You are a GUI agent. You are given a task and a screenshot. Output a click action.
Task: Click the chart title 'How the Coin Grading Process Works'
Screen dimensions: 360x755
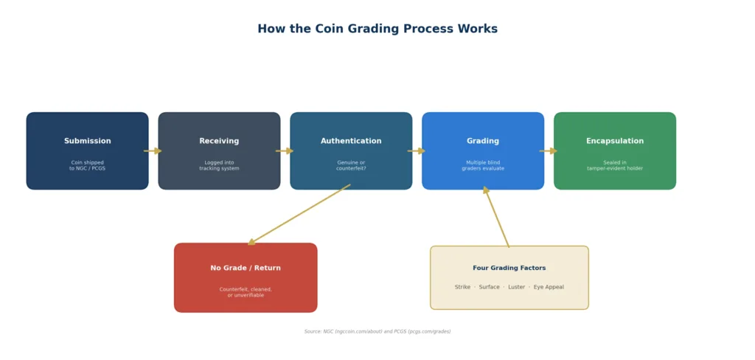click(x=377, y=29)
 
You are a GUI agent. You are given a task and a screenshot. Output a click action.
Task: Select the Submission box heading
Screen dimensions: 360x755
click(x=87, y=141)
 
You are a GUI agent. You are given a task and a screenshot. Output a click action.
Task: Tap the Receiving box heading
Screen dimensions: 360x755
click(x=219, y=141)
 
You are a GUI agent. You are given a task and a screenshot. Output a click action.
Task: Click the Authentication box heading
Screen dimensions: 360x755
click(x=351, y=141)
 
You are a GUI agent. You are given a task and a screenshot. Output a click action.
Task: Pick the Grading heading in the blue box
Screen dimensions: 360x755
click(x=483, y=141)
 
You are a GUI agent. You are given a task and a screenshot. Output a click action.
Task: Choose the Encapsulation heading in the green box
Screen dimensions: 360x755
click(x=614, y=141)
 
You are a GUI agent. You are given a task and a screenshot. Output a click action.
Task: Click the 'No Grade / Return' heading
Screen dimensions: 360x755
click(x=246, y=268)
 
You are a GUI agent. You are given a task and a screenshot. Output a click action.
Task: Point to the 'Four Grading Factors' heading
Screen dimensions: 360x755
click(x=509, y=268)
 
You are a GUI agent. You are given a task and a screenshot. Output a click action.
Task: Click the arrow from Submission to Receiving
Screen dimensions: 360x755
click(x=153, y=151)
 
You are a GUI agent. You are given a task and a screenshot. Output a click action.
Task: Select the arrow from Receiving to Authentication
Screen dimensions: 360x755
click(x=285, y=151)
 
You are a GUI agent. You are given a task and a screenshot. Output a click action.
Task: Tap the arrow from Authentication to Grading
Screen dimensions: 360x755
click(x=417, y=151)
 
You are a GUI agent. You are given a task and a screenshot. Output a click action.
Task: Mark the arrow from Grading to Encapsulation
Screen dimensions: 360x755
click(x=548, y=151)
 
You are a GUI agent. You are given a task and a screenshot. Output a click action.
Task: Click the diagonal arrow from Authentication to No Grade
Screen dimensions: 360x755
click(x=299, y=215)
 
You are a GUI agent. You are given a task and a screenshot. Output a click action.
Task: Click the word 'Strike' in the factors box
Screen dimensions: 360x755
click(x=462, y=287)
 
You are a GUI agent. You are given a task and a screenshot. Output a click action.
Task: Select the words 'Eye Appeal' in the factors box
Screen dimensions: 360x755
click(x=549, y=287)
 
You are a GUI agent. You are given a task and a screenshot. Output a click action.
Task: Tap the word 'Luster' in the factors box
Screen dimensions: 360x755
click(x=516, y=287)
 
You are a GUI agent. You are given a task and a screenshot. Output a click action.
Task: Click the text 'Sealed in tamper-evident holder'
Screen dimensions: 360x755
click(x=614, y=165)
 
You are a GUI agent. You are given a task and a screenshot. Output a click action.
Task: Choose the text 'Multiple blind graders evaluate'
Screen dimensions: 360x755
click(x=483, y=165)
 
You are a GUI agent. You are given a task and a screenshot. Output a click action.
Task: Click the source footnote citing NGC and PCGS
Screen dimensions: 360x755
click(x=377, y=331)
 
